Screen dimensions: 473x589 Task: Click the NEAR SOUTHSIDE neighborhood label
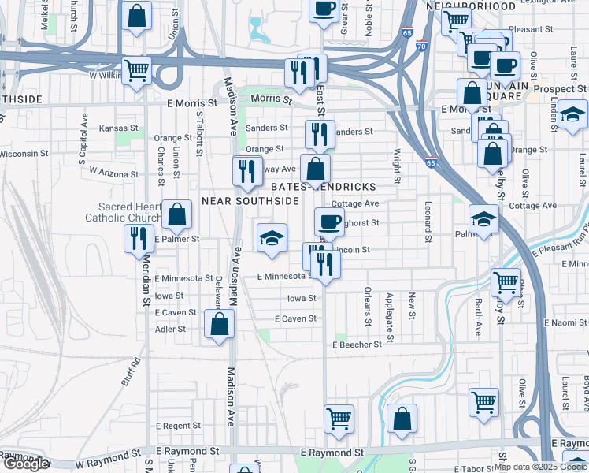[x=250, y=201]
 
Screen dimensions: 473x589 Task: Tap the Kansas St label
[x=119, y=128]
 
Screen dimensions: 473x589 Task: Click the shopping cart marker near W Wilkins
[x=137, y=70]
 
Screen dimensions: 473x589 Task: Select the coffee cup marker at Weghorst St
[x=329, y=221]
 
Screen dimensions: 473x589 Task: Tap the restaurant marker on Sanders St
[x=320, y=133]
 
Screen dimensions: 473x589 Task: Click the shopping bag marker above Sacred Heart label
[x=178, y=213]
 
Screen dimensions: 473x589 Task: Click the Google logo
[x=27, y=464]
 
